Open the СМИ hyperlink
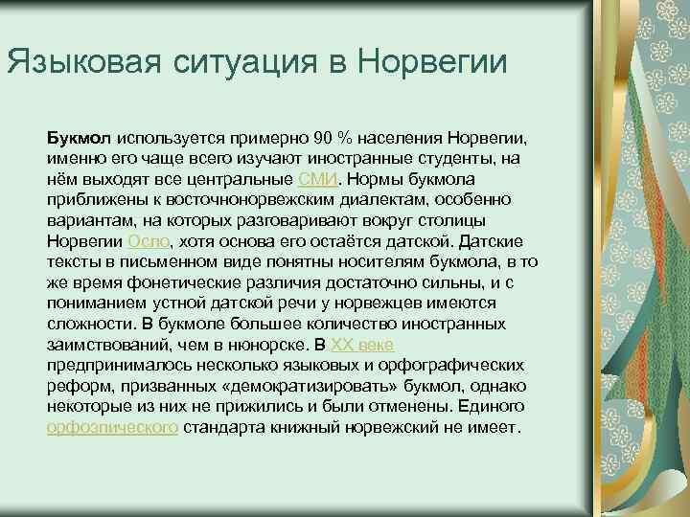317,179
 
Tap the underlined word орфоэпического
112,428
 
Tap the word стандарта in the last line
220,428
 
